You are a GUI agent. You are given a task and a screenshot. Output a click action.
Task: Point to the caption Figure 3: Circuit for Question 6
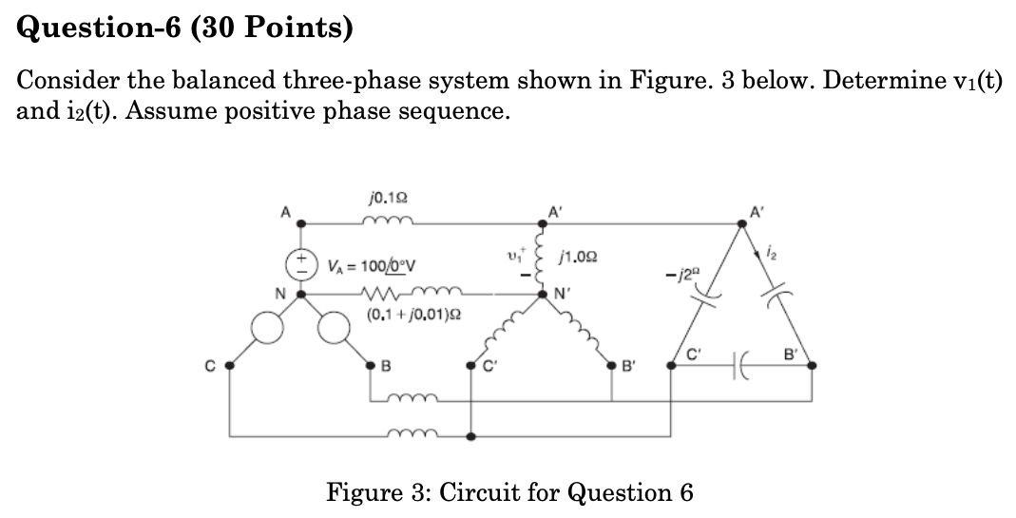(x=509, y=492)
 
